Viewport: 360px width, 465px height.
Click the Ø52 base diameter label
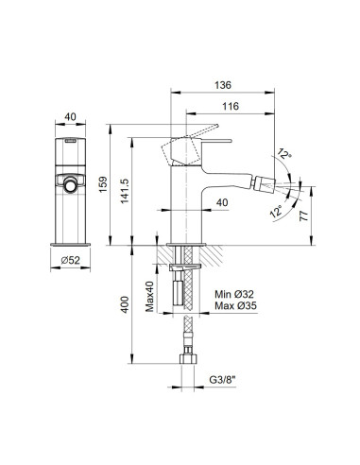[69, 261]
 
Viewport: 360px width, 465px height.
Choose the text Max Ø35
[233, 305]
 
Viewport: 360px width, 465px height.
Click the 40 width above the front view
[69, 117]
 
